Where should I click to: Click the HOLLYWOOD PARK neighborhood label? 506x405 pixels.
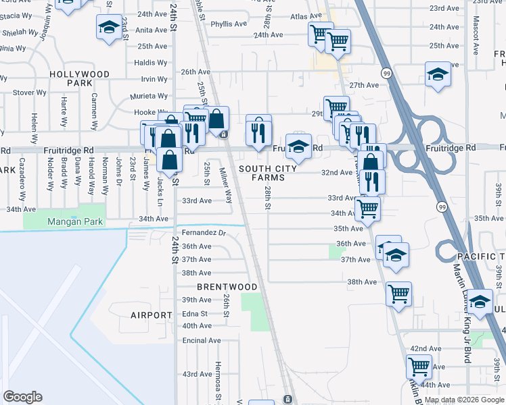pos(88,78)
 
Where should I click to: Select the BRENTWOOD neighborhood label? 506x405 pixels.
pos(227,287)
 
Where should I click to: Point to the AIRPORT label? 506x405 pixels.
pos(152,315)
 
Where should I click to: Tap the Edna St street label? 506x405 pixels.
pos(194,313)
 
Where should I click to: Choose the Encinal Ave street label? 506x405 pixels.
pos(202,340)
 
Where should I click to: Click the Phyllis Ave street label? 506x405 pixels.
pos(229,24)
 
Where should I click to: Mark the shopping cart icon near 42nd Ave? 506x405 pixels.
pos(419,367)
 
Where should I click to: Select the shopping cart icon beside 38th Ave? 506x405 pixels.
pos(399,294)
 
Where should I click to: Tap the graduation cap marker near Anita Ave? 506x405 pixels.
pos(108,27)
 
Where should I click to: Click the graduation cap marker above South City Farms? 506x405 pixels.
pos(298,145)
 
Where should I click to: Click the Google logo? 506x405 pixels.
pos(22,397)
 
